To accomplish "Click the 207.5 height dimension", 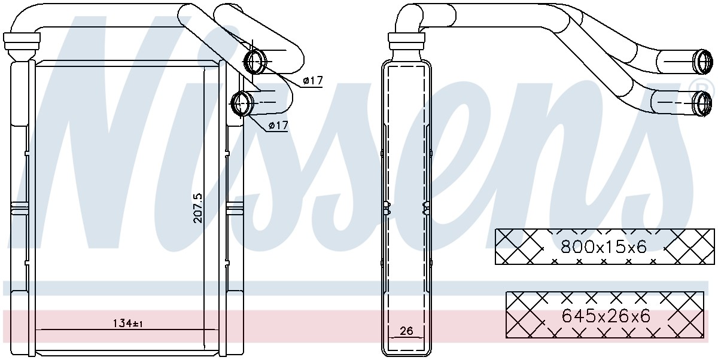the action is point(198,208).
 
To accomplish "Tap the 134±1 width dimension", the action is point(127,324).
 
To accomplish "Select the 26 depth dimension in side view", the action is point(406,331).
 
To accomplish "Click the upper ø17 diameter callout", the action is point(312,80).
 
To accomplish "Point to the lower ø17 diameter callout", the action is point(278,125).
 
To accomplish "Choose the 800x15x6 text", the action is point(604,246).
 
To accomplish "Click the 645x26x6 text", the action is point(606,316).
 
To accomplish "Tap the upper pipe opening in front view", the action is point(255,61).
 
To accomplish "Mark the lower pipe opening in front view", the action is point(241,103).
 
